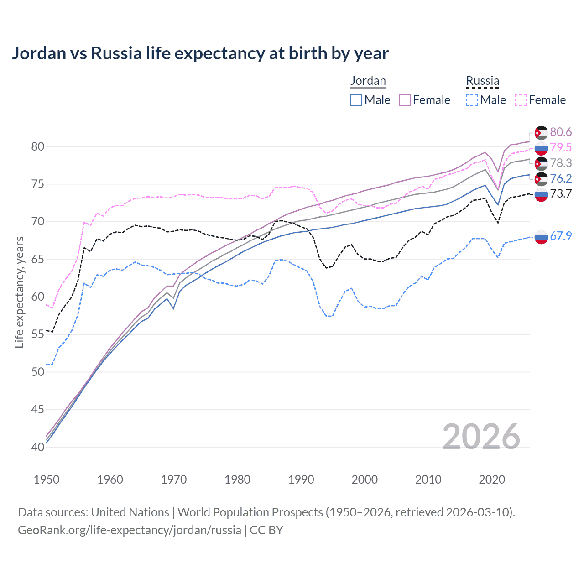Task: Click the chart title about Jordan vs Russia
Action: click(x=200, y=53)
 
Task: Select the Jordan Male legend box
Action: click(x=356, y=100)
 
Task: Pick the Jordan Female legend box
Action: click(x=405, y=100)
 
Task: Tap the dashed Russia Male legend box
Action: click(x=472, y=100)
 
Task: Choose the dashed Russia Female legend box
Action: click(x=521, y=100)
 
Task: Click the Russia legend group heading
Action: click(x=482, y=81)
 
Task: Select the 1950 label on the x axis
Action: click(x=47, y=480)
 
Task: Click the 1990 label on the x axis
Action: click(x=301, y=480)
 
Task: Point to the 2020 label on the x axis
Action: click(x=492, y=480)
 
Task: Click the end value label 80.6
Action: click(x=561, y=132)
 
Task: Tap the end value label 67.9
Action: click(x=561, y=236)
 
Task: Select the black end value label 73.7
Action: click(x=561, y=193)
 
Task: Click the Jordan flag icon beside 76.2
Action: click(x=541, y=179)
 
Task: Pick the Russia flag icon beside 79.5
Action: click(x=541, y=148)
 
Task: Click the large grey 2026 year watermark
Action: click(x=481, y=437)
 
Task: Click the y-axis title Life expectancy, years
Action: click(x=19, y=292)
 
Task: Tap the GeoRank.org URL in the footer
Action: click(x=129, y=530)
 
